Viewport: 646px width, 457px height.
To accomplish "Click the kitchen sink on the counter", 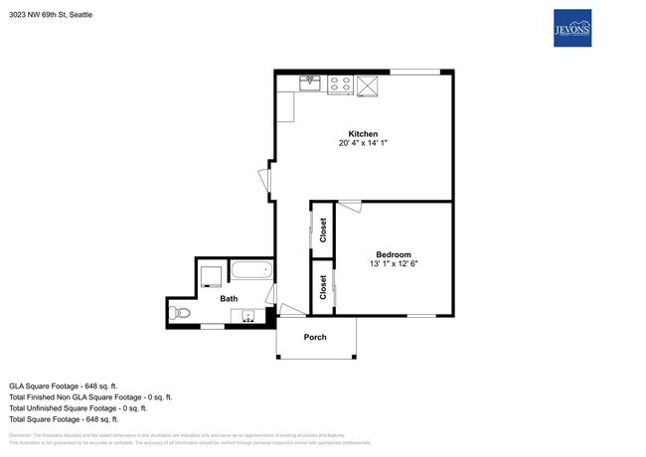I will (310, 83).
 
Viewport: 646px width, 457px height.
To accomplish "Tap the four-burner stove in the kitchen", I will (340, 84).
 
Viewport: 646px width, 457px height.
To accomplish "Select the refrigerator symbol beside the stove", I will (369, 85).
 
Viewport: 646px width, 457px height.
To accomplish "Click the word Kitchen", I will (362, 134).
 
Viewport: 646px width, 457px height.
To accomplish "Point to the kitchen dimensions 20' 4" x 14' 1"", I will (362, 144).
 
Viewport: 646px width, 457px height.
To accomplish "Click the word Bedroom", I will (393, 254).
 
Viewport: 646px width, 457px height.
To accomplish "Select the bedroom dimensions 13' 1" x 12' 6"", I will (393, 264).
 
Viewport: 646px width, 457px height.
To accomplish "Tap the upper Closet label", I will (323, 228).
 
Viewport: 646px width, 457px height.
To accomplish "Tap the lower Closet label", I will (323, 286).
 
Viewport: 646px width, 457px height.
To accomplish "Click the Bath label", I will (229, 297).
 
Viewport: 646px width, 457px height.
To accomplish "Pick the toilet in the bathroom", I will (181, 313).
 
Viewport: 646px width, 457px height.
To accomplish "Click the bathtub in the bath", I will (250, 270).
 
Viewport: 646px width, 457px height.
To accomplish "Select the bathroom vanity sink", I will (247, 317).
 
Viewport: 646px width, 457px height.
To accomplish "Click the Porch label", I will (316, 337).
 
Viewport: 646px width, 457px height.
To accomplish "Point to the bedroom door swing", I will (349, 208).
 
